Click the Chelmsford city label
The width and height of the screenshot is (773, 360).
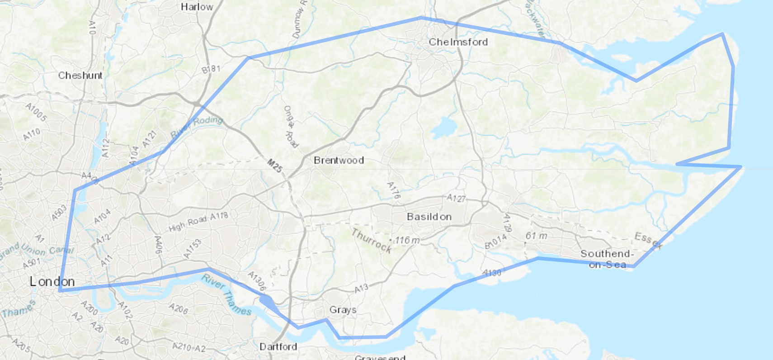[458, 42]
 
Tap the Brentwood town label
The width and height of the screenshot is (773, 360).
[339, 160]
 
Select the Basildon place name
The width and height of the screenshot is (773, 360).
[429, 217]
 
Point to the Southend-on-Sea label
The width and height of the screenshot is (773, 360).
[607, 259]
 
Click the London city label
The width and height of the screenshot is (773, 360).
[52, 281]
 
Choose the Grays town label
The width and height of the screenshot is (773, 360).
[343, 310]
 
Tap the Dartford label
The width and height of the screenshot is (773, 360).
[278, 347]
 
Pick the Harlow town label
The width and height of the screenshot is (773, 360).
[197, 7]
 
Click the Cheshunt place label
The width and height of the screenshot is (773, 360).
[80, 75]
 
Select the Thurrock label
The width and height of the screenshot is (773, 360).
[372, 240]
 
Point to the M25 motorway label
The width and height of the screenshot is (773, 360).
[274, 166]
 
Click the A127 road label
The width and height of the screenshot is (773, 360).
[456, 198]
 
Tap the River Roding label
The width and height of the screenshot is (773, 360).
[197, 126]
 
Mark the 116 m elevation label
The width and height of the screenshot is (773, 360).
[407, 240]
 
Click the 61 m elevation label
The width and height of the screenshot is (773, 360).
[536, 236]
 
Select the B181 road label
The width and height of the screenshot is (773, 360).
[211, 69]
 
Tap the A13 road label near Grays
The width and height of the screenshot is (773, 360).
[361, 288]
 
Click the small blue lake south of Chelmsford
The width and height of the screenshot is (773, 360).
[443, 127]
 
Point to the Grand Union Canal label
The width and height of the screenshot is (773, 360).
[36, 250]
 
